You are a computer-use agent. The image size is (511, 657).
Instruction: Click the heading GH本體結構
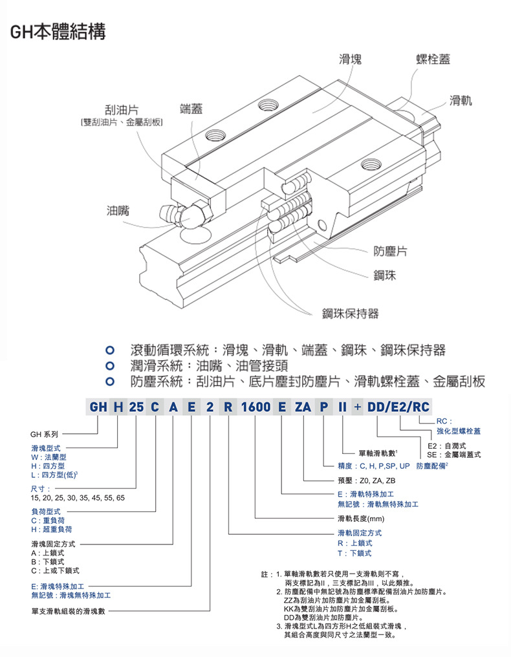[58, 30]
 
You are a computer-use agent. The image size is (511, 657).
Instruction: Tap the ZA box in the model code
[303, 407]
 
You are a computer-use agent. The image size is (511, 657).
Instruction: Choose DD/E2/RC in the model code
[398, 407]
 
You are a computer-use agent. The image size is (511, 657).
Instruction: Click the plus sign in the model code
[358, 407]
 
